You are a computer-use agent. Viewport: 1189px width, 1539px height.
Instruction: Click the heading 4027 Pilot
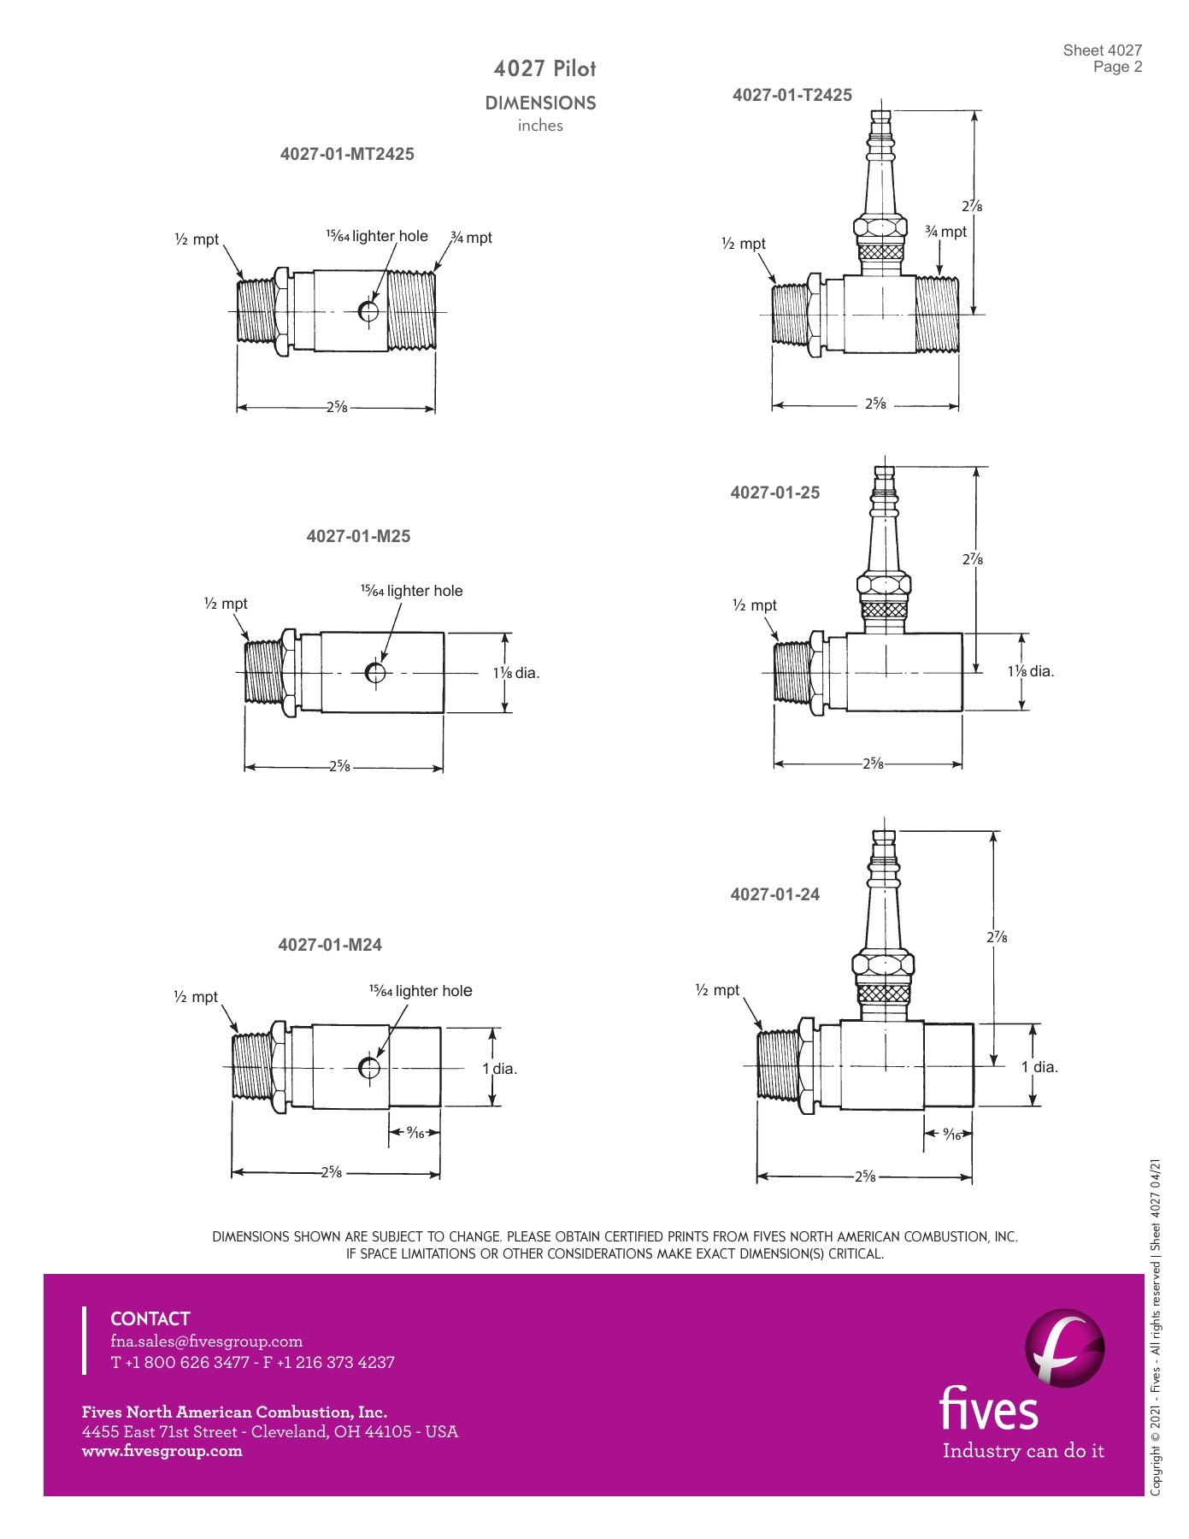544,68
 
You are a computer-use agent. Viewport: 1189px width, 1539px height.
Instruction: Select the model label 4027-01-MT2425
347,154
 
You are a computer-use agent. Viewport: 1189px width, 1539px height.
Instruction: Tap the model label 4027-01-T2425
792,95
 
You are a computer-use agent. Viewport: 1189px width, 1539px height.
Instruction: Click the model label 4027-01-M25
358,536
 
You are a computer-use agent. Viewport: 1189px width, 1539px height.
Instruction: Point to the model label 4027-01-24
774,894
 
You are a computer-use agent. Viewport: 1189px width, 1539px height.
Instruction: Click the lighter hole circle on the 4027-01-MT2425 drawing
368,311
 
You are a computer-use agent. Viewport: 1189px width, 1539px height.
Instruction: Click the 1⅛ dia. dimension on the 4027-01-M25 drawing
516,673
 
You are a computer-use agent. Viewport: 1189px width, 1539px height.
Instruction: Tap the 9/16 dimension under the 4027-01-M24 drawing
415,1133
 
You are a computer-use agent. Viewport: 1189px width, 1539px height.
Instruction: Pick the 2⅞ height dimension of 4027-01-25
972,559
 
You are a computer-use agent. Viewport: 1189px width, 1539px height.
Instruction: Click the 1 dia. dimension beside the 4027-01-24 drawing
1039,1067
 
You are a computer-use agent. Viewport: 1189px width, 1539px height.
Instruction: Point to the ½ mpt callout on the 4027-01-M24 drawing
196,997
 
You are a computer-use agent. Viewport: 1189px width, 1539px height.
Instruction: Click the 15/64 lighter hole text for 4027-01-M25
411,591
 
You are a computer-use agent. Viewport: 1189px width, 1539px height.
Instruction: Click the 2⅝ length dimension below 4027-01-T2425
875,404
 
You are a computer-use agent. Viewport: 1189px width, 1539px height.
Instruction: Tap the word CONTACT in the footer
150,1318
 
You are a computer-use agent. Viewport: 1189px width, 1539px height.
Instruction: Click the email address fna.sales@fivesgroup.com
206,1341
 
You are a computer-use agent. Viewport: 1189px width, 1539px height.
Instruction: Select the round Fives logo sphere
1064,1348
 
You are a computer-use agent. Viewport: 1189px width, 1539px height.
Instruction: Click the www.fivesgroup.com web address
162,1451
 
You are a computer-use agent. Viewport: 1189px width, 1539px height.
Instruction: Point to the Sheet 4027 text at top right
1102,50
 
